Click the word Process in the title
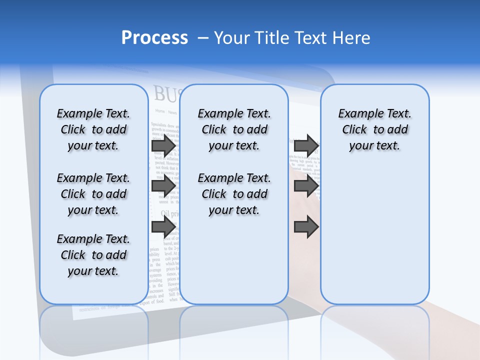coord(154,38)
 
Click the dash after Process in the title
coord(203,38)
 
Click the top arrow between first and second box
coord(163,145)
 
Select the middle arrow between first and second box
coord(163,186)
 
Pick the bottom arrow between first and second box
coord(163,226)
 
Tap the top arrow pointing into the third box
coord(306,145)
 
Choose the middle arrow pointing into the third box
coord(306,186)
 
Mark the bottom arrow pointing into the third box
coord(306,226)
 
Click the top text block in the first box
coord(93,129)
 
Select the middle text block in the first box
coord(93,194)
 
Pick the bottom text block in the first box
coord(93,255)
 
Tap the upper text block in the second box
coord(234,129)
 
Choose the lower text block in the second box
coord(234,194)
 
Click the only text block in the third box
coord(374,129)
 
